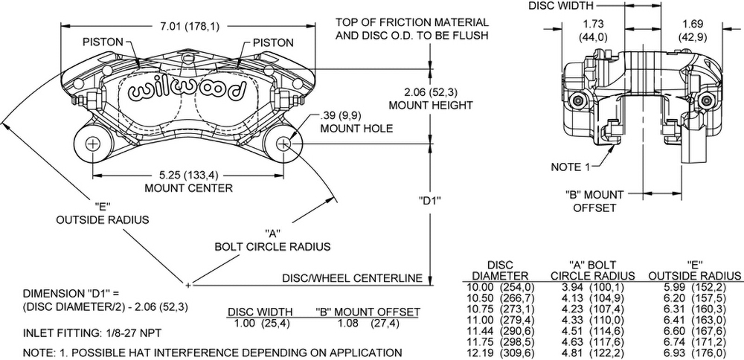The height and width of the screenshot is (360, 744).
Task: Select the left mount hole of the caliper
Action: click(x=92, y=144)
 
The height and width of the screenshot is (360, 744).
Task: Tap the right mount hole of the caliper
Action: click(x=283, y=144)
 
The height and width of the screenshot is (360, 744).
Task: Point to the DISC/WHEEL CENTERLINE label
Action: click(x=352, y=278)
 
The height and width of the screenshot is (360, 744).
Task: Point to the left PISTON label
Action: click(x=103, y=42)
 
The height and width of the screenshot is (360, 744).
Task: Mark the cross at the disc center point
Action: click(x=188, y=283)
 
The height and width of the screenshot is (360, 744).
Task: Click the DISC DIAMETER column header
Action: click(x=496, y=271)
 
